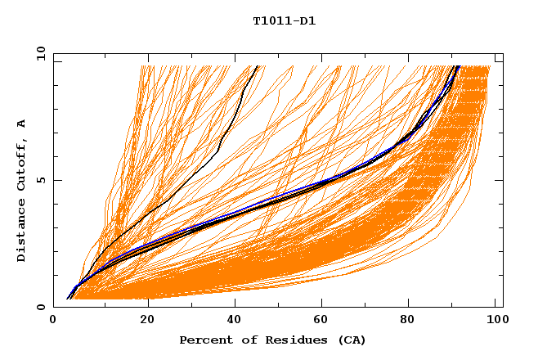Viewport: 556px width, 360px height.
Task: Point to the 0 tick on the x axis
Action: click(53, 320)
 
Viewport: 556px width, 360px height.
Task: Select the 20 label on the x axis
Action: click(147, 320)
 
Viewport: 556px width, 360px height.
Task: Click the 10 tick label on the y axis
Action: click(40, 54)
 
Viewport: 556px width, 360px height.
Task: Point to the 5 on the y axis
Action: click(40, 180)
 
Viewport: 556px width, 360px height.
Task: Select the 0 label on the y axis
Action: click(40, 307)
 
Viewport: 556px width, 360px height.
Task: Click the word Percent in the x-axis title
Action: click(204, 340)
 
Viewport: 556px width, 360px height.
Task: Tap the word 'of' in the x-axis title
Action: click(244, 340)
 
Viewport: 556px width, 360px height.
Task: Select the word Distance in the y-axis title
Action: click(22, 231)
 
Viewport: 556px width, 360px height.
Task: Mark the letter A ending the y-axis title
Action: click(22, 124)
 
